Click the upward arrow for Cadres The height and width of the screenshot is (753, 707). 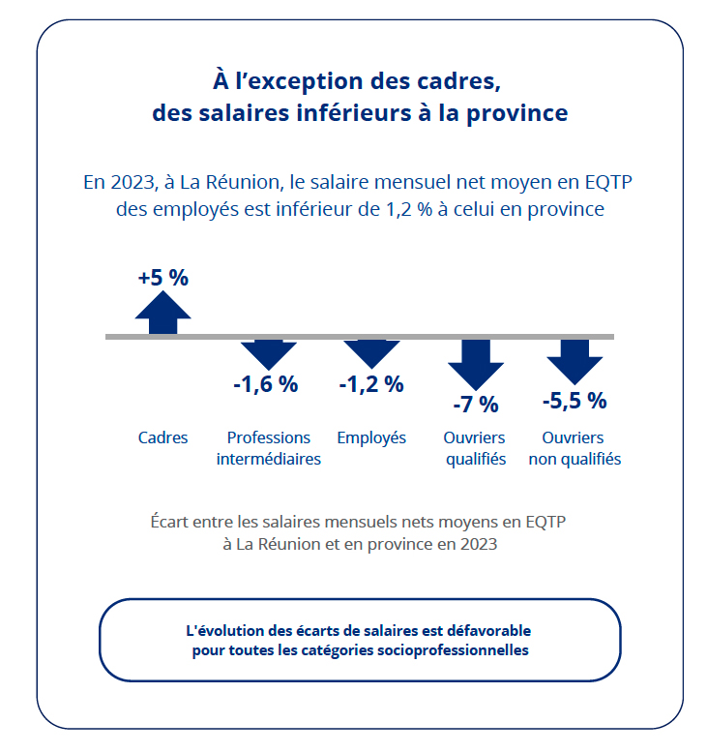pyautogui.click(x=162, y=313)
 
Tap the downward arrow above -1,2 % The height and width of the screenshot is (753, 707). pyautogui.click(x=371, y=352)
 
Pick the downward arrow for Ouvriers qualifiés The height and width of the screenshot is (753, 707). pyautogui.click(x=475, y=363)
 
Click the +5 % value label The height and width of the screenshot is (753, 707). pyautogui.click(x=162, y=277)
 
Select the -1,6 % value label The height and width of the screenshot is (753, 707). pyautogui.click(x=266, y=384)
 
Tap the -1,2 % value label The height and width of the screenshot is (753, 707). pyautogui.click(x=371, y=384)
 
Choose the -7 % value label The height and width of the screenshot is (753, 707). pyautogui.click(x=475, y=405)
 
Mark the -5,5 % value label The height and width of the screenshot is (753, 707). pyautogui.click(x=574, y=401)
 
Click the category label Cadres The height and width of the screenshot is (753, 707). pyautogui.click(x=162, y=437)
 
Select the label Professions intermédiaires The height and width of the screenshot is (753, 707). pyautogui.click(x=268, y=448)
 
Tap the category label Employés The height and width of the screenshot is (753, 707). pyautogui.click(x=371, y=437)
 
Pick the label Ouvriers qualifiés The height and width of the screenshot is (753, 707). pyautogui.click(x=475, y=448)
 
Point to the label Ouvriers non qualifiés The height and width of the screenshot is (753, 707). pyautogui.click(x=574, y=448)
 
